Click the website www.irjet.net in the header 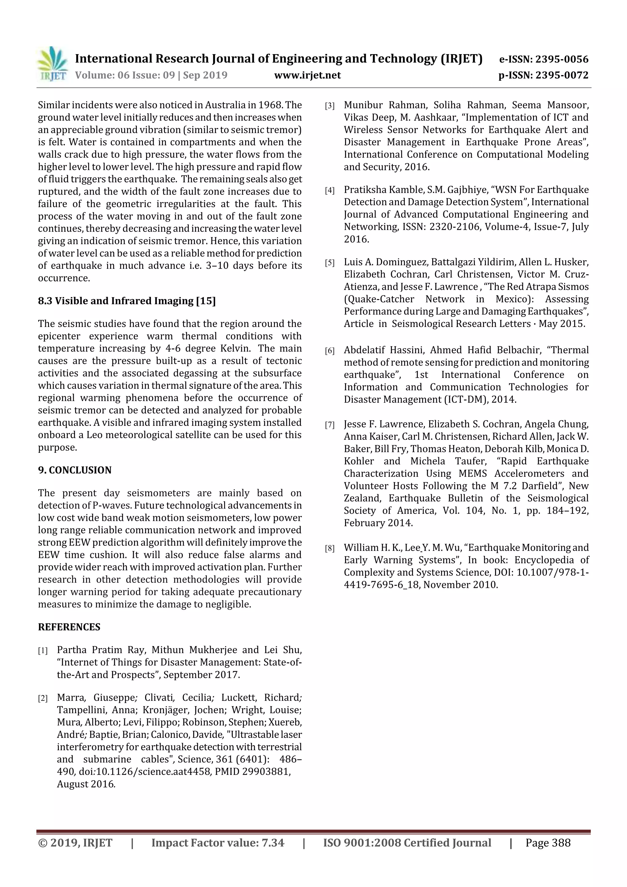pyautogui.click(x=307, y=75)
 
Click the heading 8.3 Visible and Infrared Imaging pyautogui.click(x=127, y=301)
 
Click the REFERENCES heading pyautogui.click(x=69, y=627)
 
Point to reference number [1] pyautogui.click(x=43, y=651)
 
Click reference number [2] pyautogui.click(x=43, y=698)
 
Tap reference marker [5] pyautogui.click(x=329, y=263)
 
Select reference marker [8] pyautogui.click(x=329, y=548)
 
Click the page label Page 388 pyautogui.click(x=547, y=843)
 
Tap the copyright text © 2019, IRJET pyautogui.click(x=75, y=843)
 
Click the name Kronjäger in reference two pyautogui.click(x=165, y=710)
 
